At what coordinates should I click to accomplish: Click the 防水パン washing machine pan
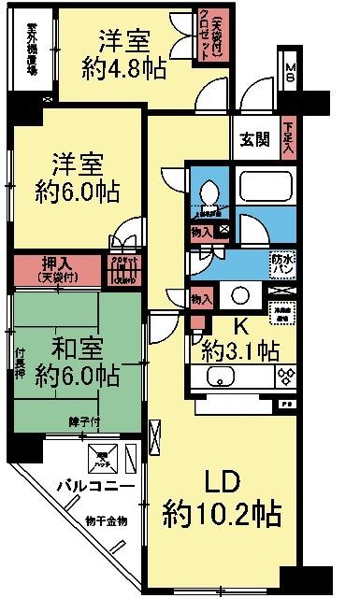pyautogui.click(x=281, y=263)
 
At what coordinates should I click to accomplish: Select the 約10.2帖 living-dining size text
pyautogui.click(x=221, y=513)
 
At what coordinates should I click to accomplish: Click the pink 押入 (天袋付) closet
pyautogui.click(x=55, y=270)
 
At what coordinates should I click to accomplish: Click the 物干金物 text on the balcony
pyautogui.click(x=105, y=520)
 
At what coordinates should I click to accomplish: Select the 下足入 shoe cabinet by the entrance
pyautogui.click(x=288, y=141)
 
